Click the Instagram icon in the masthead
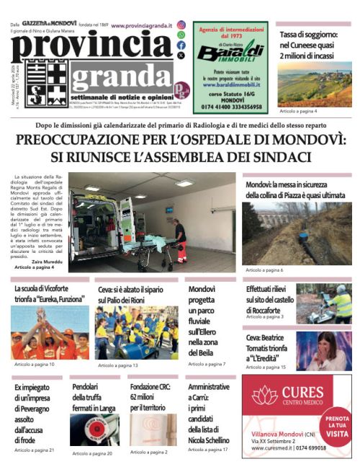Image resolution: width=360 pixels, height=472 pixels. (x=181, y=24)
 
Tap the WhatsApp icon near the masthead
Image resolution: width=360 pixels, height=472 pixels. (x=181, y=34)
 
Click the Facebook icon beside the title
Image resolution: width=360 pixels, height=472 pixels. (x=181, y=45)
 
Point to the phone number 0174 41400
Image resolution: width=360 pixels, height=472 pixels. (x=212, y=107)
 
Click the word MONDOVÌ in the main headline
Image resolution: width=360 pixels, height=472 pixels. (x=307, y=140)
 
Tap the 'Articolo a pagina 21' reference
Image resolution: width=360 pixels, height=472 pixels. (x=34, y=450)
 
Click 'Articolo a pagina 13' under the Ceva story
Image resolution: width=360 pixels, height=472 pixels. (x=118, y=365)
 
